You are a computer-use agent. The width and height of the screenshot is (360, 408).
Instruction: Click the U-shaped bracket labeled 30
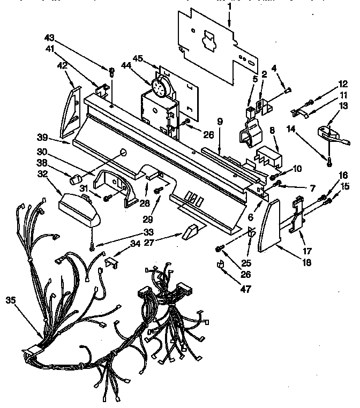[115, 185]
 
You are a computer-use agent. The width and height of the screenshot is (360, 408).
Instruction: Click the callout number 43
[50, 39]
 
